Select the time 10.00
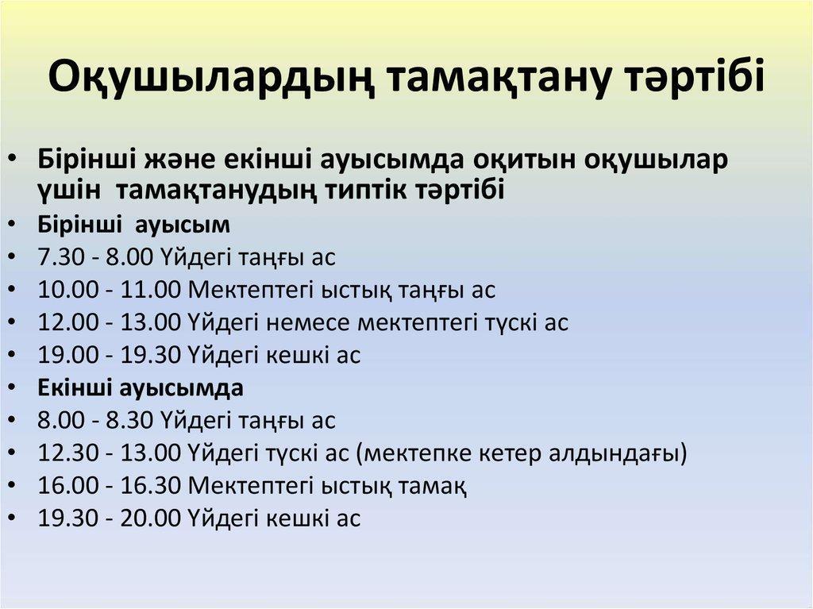(68, 290)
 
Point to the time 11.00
(150, 290)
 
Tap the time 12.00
(68, 322)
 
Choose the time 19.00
(68, 355)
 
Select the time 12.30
(68, 453)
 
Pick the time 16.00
(68, 486)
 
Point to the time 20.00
(150, 518)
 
